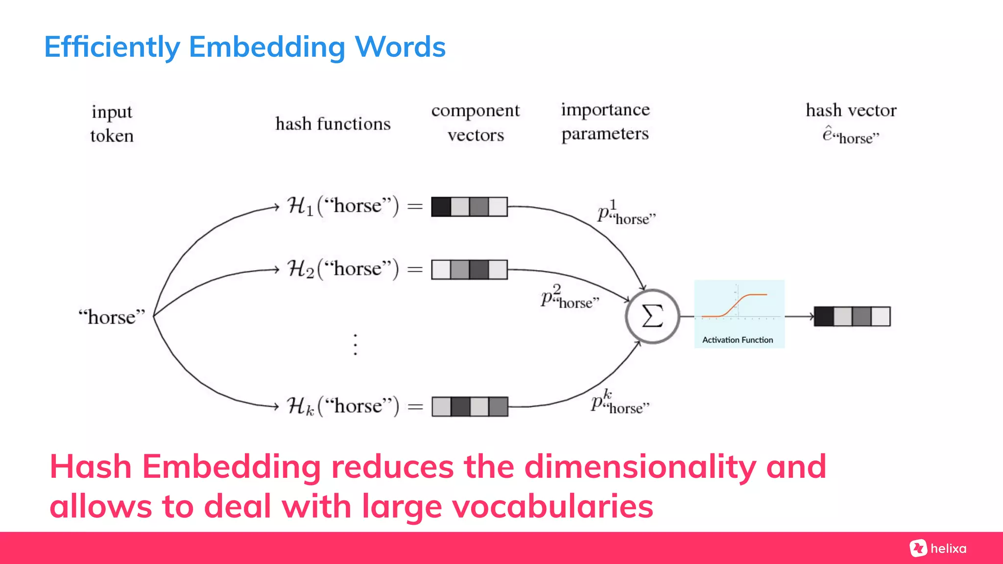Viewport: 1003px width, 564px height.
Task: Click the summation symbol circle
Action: pyautogui.click(x=652, y=316)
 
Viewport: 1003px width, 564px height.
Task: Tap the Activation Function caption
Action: pyautogui.click(x=738, y=340)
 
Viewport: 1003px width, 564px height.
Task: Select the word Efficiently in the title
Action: pyautogui.click(x=112, y=47)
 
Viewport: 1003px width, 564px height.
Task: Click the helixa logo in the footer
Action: pyautogui.click(x=938, y=548)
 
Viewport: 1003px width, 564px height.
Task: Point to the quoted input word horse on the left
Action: pyautogui.click(x=112, y=317)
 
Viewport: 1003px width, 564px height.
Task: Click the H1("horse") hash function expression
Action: pyautogui.click(x=343, y=206)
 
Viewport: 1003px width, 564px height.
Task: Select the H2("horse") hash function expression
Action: pyautogui.click(x=343, y=269)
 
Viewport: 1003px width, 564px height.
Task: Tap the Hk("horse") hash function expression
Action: pyautogui.click(x=343, y=406)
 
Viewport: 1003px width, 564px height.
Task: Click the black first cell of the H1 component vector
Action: pyautogui.click(x=441, y=207)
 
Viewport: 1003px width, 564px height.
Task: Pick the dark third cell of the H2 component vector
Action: pyautogui.click(x=479, y=270)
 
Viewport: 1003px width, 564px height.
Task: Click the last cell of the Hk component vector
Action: pyautogui.click(x=499, y=407)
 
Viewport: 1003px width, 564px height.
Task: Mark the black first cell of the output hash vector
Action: pyautogui.click(x=824, y=316)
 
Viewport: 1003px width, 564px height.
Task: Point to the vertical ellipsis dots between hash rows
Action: pyautogui.click(x=356, y=345)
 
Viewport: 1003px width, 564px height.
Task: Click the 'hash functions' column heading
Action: pyautogui.click(x=333, y=124)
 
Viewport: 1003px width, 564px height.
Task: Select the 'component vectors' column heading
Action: pyautogui.click(x=476, y=122)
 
